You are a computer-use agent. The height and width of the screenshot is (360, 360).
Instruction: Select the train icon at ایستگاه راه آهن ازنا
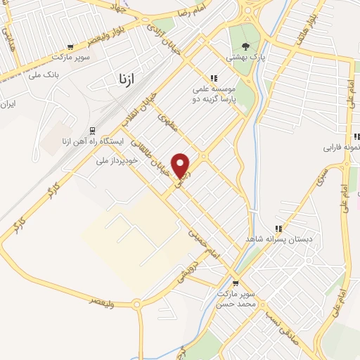click(92, 130)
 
